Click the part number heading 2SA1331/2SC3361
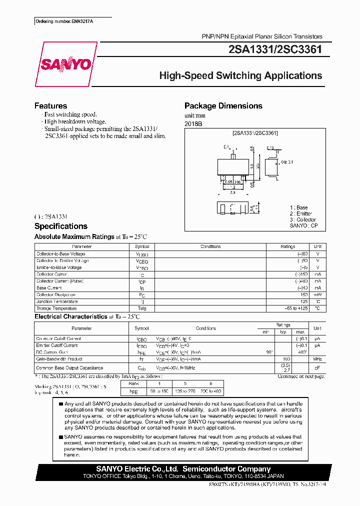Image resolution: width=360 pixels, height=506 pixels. (274, 49)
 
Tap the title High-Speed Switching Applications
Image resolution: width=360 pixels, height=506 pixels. (240, 76)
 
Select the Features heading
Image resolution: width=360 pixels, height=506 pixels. (50, 106)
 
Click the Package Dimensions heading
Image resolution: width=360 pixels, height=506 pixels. (223, 106)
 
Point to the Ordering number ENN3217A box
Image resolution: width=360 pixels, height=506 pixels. (61, 22)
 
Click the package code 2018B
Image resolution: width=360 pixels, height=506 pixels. (194, 123)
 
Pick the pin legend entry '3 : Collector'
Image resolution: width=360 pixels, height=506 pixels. (303, 220)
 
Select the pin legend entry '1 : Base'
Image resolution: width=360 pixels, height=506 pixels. (299, 207)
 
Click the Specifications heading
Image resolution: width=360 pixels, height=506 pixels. (60, 226)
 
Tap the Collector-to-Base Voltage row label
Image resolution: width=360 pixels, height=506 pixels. (61, 254)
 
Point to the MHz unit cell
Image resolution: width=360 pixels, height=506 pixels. (317, 359)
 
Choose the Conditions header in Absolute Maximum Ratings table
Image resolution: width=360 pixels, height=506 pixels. (210, 246)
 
